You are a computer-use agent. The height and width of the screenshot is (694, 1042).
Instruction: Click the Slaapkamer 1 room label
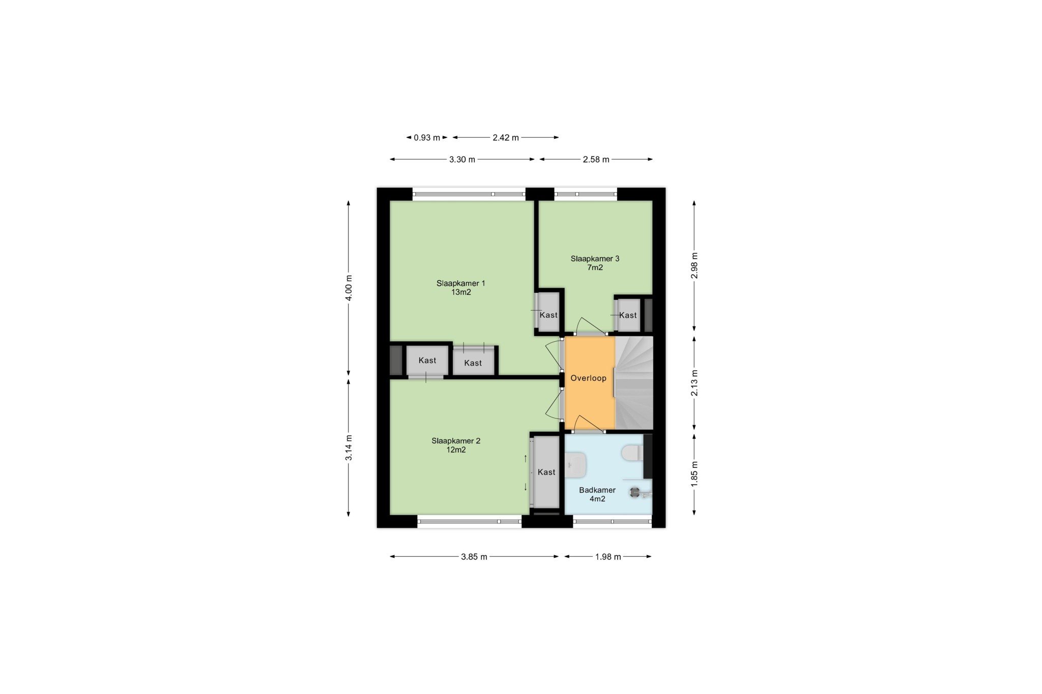coord(461,288)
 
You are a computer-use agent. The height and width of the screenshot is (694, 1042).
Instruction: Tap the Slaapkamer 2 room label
coord(456,445)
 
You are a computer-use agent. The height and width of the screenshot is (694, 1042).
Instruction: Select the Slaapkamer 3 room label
coord(595,263)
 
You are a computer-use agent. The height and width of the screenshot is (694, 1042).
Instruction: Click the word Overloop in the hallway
coord(588,378)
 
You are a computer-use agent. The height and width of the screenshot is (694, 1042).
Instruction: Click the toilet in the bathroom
coord(633,452)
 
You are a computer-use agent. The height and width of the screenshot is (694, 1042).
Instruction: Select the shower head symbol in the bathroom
coord(635,492)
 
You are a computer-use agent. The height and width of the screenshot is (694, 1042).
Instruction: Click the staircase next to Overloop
coord(634,383)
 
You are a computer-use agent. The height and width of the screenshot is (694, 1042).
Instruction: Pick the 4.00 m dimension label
coord(349,288)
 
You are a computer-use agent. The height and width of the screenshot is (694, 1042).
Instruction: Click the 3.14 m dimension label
coord(349,448)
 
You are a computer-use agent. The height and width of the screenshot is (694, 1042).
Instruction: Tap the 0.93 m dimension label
coord(427,137)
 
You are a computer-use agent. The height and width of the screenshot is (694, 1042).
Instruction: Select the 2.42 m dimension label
coord(506,137)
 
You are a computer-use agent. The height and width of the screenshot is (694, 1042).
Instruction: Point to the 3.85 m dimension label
coord(474,557)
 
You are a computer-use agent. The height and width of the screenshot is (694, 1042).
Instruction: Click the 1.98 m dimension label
coord(608,557)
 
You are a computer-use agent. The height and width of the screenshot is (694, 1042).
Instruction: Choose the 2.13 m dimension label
coord(694,383)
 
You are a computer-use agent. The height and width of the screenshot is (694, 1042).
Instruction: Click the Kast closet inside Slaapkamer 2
coord(546,472)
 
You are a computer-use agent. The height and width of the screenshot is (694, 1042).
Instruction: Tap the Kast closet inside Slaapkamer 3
coord(628,315)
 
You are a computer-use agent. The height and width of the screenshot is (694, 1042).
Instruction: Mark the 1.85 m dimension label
coord(694,474)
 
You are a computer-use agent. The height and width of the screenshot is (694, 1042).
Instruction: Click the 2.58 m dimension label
coord(596,160)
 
